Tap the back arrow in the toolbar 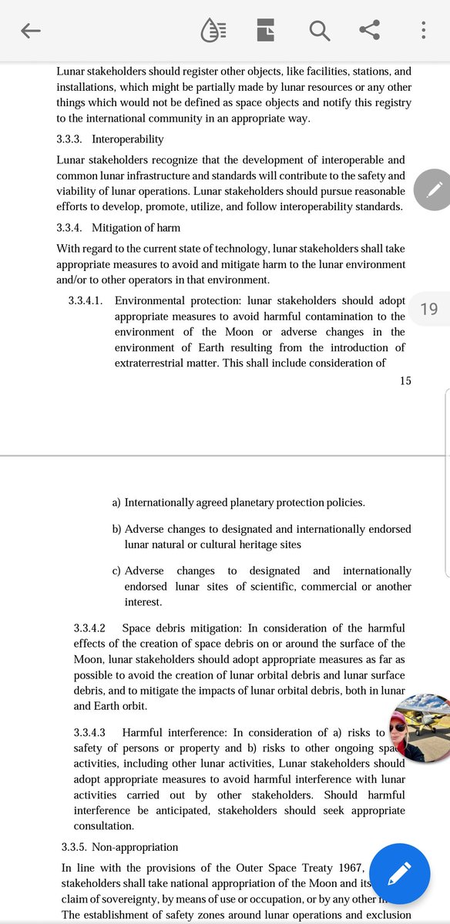(x=31, y=31)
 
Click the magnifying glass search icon (x=319, y=31)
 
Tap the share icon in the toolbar (x=370, y=31)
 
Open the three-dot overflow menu (x=424, y=31)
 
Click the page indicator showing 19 (x=428, y=309)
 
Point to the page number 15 (x=405, y=380)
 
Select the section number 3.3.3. (x=71, y=139)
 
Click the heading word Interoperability (x=128, y=139)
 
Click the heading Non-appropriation (x=135, y=847)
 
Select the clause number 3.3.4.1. (x=86, y=300)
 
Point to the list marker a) (x=116, y=503)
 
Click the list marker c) (x=116, y=571)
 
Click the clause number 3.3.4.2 (x=89, y=628)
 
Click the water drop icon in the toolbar (x=213, y=31)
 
